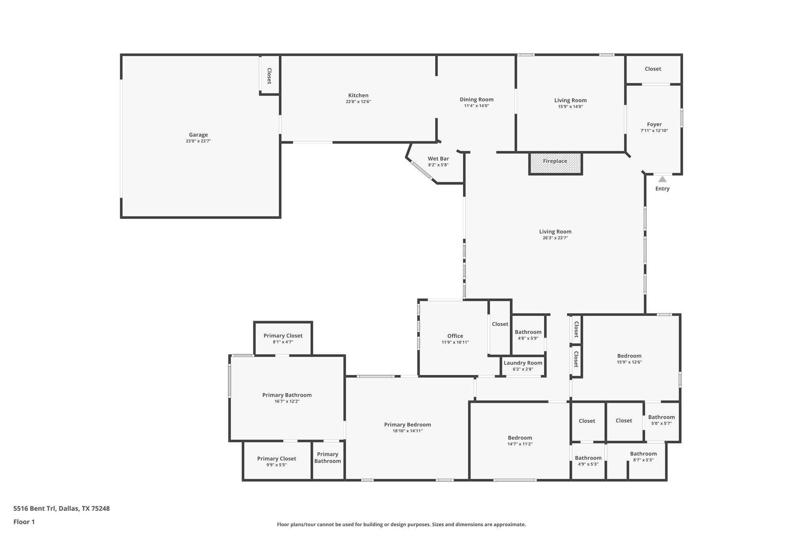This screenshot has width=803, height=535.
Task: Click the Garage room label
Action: (198, 135)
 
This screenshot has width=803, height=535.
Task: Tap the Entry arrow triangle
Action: (662, 180)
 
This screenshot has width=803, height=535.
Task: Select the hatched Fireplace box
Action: (555, 163)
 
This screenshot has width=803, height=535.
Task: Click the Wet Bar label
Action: (438, 159)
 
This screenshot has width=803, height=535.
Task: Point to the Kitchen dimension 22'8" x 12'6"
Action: (358, 102)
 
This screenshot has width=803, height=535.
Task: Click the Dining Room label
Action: (476, 100)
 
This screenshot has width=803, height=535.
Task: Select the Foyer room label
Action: (654, 125)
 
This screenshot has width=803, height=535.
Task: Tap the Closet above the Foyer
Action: (653, 69)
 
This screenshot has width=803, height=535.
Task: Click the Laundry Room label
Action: (523, 363)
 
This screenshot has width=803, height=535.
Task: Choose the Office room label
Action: (455, 336)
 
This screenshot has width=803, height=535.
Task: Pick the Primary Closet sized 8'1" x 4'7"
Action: (283, 336)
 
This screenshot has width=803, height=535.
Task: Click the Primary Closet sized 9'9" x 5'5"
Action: (276, 459)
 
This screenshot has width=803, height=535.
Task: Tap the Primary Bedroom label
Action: (407, 425)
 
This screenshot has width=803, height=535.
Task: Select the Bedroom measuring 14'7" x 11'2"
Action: (520, 438)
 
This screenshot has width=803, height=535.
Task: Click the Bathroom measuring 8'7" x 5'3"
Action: (643, 454)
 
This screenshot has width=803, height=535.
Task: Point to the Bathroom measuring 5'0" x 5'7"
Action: (661, 417)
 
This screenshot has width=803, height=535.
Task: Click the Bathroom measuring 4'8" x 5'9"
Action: (528, 332)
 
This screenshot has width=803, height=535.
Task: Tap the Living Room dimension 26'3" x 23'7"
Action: (555, 238)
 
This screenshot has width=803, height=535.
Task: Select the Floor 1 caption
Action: (24, 522)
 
